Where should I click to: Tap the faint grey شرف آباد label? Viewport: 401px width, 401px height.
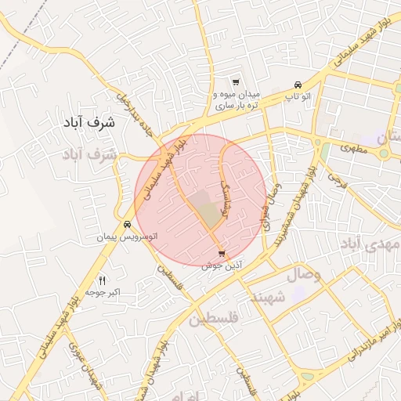[x=89, y=155]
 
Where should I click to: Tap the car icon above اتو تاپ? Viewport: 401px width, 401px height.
[x=298, y=85]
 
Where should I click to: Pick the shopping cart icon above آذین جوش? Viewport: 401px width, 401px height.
[x=222, y=254]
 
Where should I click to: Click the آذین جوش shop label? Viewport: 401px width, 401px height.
[x=222, y=266]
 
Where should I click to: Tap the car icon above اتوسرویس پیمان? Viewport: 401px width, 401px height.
[x=127, y=224]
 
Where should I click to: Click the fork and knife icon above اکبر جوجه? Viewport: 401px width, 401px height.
[x=102, y=280]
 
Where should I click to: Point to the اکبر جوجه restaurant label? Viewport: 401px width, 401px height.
[x=102, y=292]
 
